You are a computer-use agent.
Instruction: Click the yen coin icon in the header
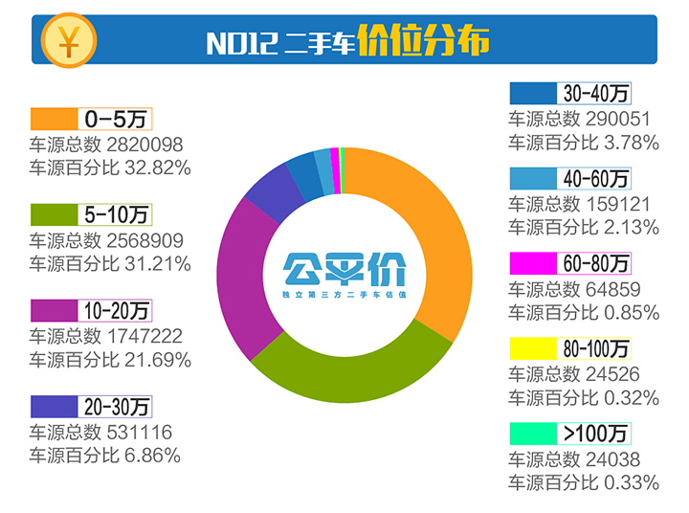[68, 39]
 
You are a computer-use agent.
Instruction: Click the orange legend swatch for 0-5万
[54, 119]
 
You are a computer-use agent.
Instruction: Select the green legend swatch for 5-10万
[54, 214]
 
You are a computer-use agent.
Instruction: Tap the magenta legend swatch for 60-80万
[533, 262]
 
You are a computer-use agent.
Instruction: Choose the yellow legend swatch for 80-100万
[533, 347]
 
